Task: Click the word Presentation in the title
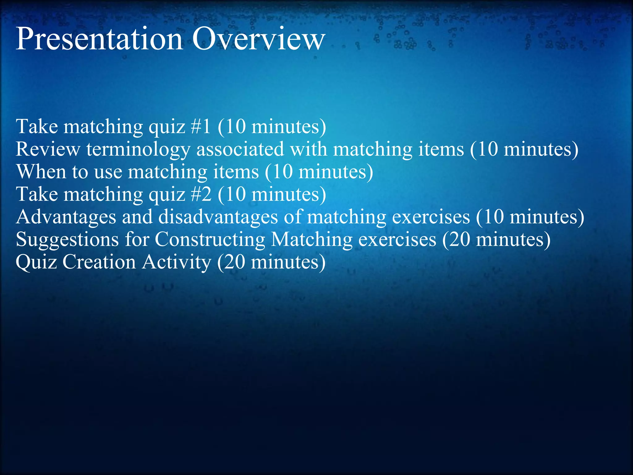pyautogui.click(x=99, y=40)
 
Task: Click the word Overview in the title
pyautogui.click(x=258, y=39)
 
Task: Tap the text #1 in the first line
pyautogui.click(x=201, y=127)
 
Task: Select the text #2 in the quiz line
pyautogui.click(x=201, y=195)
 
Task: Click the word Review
pyautogui.click(x=48, y=149)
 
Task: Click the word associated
pyautogui.click(x=240, y=149)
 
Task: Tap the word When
pyautogui.click(x=41, y=172)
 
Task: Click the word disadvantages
pyautogui.click(x=218, y=217)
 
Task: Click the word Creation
pyautogui.click(x=99, y=262)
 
